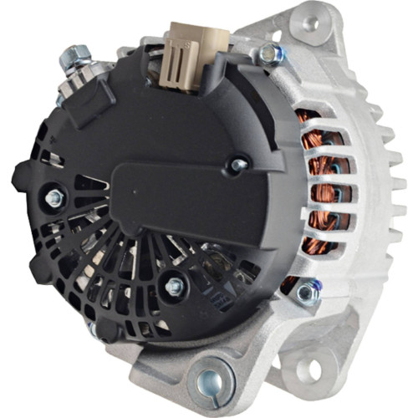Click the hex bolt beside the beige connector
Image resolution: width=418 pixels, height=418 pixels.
tap(269, 54)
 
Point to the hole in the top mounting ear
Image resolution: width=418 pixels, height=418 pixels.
tap(310, 23)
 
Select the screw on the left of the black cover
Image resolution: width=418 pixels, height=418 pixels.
tap(55, 198)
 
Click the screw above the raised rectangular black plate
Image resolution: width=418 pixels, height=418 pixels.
tap(238, 165)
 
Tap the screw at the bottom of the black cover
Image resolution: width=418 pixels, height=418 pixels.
tap(174, 287)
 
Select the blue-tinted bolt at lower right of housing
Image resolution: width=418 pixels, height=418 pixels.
tap(308, 290)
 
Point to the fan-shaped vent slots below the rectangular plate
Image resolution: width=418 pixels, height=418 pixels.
tap(142, 268)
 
